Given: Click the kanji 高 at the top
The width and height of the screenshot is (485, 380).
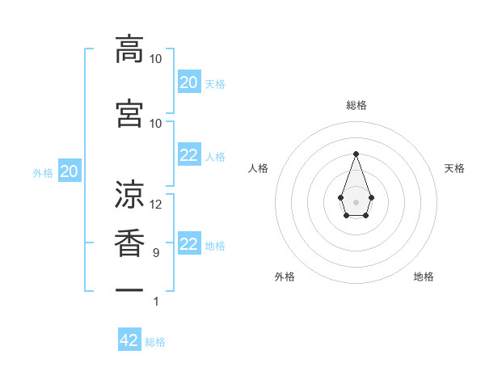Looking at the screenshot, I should (129, 49).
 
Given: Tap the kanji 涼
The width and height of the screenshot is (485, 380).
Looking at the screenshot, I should (129, 194).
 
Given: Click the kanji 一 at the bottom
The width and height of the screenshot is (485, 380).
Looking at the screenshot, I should (129, 289).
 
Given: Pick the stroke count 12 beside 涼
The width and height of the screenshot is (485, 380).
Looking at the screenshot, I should (156, 205).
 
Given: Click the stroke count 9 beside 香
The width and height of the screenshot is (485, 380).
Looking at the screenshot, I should (156, 253).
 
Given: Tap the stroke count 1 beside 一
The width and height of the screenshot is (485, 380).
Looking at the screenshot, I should (156, 302).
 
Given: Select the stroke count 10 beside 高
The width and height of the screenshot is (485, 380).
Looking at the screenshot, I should (156, 59).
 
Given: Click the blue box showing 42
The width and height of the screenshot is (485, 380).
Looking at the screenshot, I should (129, 340).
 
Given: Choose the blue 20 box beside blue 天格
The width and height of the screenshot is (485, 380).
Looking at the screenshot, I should (188, 82).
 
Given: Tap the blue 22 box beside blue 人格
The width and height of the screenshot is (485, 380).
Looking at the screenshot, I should (188, 155).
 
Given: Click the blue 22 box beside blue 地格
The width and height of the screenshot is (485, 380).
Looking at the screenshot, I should (188, 244).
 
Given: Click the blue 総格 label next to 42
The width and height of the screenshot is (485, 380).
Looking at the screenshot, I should (155, 342).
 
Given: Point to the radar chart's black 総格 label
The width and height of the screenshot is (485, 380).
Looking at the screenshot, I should (356, 105).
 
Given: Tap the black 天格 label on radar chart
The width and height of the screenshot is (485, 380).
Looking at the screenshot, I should (455, 168).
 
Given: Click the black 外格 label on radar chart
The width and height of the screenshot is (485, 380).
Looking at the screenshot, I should (285, 277).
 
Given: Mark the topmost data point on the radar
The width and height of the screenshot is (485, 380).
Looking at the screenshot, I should (356, 154).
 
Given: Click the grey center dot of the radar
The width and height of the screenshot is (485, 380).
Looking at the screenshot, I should (356, 201).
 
